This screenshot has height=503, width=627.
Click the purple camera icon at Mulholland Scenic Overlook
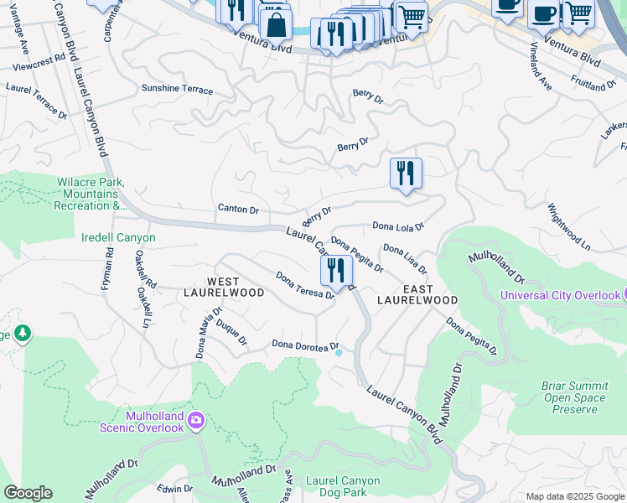click(196, 420)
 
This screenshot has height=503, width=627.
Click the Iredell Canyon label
click(118, 237)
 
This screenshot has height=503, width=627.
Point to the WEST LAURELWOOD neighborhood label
click(224, 286)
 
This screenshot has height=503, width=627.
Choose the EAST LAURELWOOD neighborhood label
click(417, 293)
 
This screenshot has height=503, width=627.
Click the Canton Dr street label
click(238, 209)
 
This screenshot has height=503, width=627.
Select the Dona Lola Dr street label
click(399, 226)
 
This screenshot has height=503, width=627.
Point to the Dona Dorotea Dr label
click(305, 345)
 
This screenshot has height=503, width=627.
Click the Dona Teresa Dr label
click(306, 285)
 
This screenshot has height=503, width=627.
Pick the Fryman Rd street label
click(107, 273)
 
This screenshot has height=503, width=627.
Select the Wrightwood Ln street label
click(570, 227)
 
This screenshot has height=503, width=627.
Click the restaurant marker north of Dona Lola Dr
click(406, 174)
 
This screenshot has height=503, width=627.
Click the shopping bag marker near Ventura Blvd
click(276, 25)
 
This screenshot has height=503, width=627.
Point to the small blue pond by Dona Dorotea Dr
click(339, 353)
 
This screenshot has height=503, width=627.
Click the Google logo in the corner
click(28, 493)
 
